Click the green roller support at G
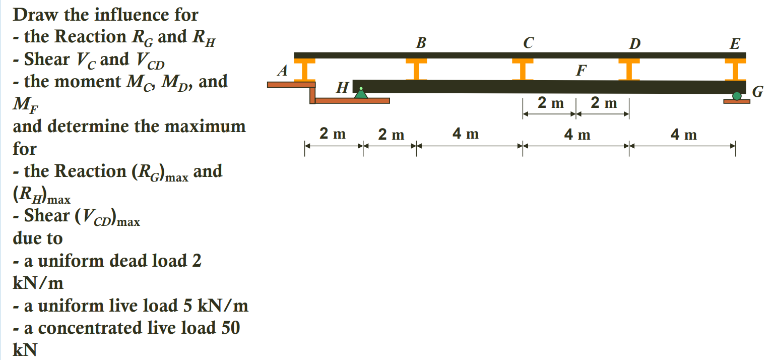coord(737,96)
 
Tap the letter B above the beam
coord(421,43)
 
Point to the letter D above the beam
coord(635,44)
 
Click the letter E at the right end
coord(735,44)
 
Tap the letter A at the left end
coord(283,72)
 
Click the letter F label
coord(581,71)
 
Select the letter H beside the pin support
coord(342,89)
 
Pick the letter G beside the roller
coord(757,92)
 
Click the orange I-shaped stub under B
coord(416,69)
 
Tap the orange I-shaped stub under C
coord(523,69)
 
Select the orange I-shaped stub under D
coord(629,69)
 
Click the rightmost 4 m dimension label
coord(684,135)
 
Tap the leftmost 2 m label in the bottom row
coord(333,134)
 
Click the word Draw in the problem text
coord(36,15)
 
